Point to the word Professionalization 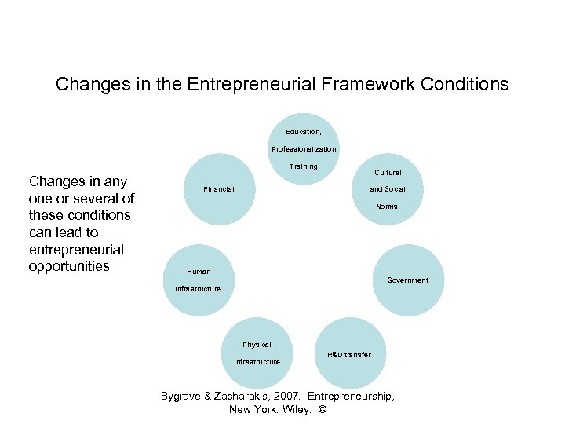pos(304,149)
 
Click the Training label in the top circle pos(304,166)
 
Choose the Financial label pos(218,189)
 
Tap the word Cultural pos(388,173)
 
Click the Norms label pos(387,207)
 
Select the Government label pos(408,280)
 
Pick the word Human pos(199,272)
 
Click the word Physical pos(257,345)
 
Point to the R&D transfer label pos(349,355)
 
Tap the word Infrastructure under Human pos(199,289)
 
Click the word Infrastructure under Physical pos(257,362)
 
